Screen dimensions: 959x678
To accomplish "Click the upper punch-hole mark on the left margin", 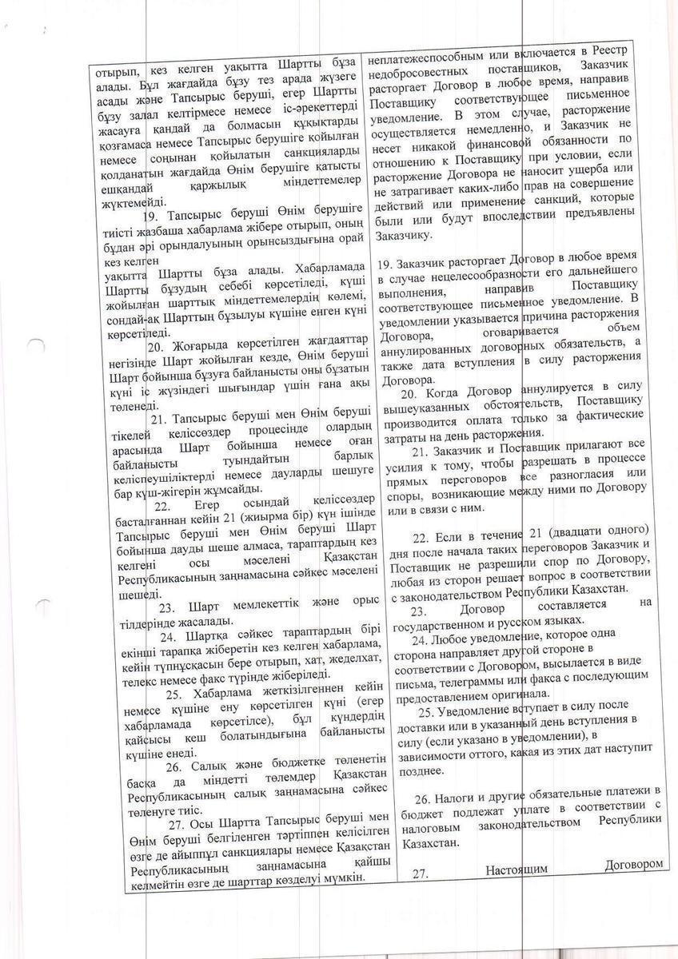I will click(33, 344).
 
